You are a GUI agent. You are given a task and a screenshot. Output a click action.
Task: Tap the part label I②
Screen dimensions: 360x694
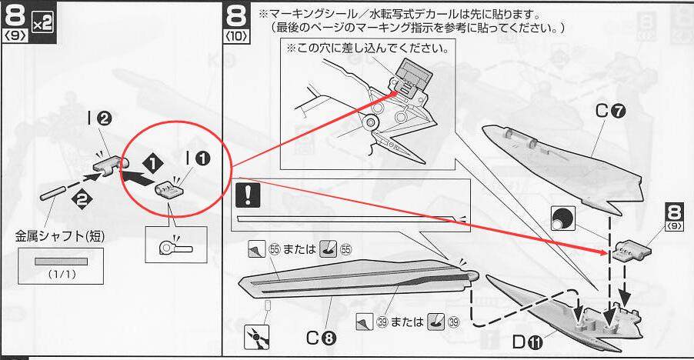click(99, 119)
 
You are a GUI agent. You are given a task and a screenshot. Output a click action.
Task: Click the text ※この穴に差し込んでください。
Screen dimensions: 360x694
click(367, 48)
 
